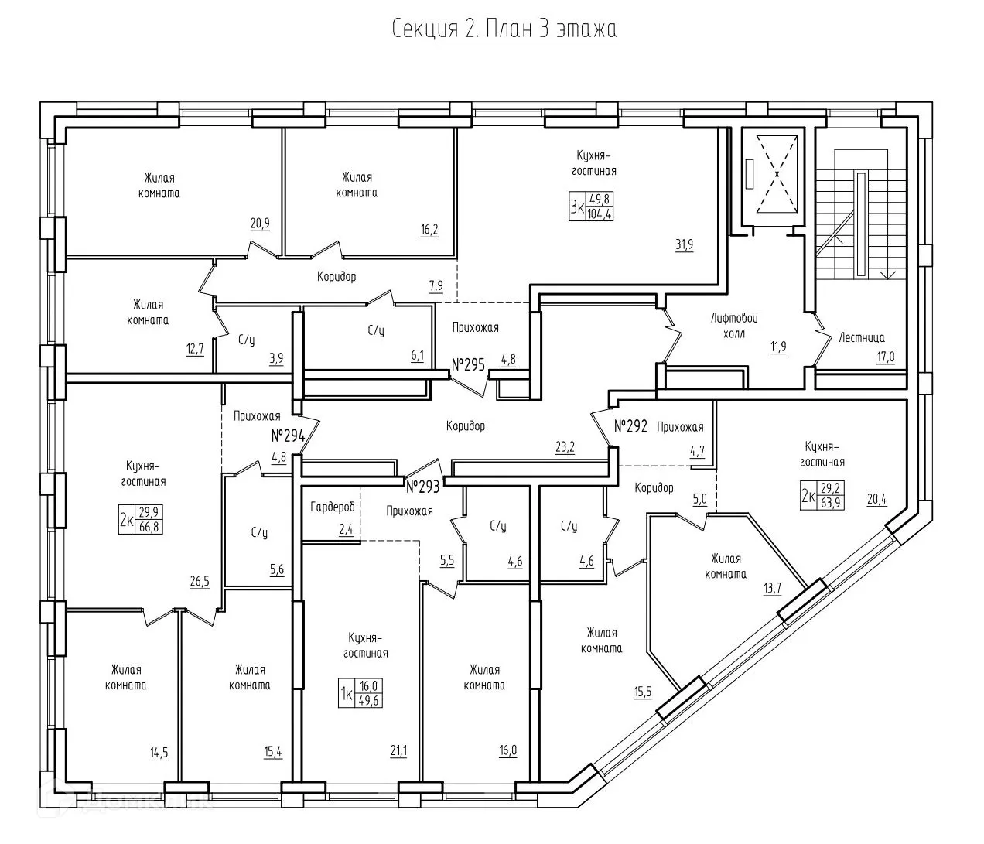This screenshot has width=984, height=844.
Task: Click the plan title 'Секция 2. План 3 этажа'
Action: click(x=504, y=30)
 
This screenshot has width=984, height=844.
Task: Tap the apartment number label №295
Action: click(x=468, y=364)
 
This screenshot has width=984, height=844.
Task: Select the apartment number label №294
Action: click(x=289, y=436)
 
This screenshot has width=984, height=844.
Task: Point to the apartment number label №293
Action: click(x=423, y=487)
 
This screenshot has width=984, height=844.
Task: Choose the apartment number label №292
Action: click(x=630, y=426)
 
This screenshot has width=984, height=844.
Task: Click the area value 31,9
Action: click(x=685, y=245)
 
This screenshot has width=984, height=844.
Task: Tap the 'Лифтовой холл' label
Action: click(x=733, y=325)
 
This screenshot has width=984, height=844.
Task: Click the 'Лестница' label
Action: click(x=862, y=337)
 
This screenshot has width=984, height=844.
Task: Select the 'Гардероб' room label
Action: click(x=332, y=507)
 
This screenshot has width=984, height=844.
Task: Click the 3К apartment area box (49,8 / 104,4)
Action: click(x=591, y=207)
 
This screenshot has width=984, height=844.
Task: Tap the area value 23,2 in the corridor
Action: click(x=565, y=446)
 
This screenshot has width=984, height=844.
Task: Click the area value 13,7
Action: click(x=772, y=588)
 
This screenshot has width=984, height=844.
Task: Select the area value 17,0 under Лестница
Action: click(x=885, y=357)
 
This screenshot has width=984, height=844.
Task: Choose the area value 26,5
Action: click(x=200, y=581)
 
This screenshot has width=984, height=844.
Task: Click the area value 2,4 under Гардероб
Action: click(x=346, y=530)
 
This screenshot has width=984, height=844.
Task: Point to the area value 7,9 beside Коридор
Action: click(x=436, y=286)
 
